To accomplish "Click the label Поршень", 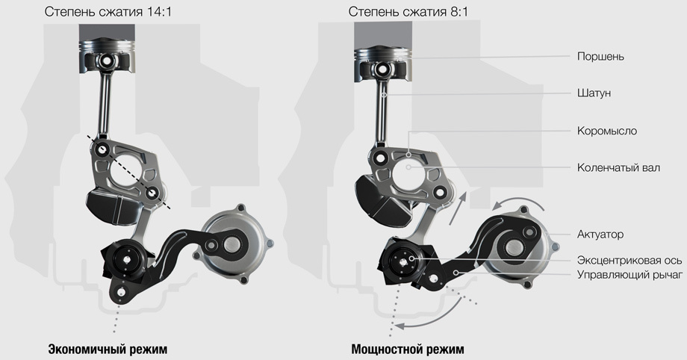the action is [x=600, y=57].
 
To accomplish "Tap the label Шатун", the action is [x=594, y=93].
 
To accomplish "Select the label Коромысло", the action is [x=607, y=131].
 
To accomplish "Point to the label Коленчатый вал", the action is [x=618, y=167].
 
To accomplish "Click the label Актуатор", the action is [x=600, y=235].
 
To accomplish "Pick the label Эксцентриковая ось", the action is [x=630, y=260].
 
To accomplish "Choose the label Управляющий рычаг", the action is [x=630, y=275].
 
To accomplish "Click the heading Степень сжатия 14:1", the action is [x=108, y=12].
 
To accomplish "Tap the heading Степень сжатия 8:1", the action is [x=408, y=12].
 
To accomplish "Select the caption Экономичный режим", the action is [x=108, y=350].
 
